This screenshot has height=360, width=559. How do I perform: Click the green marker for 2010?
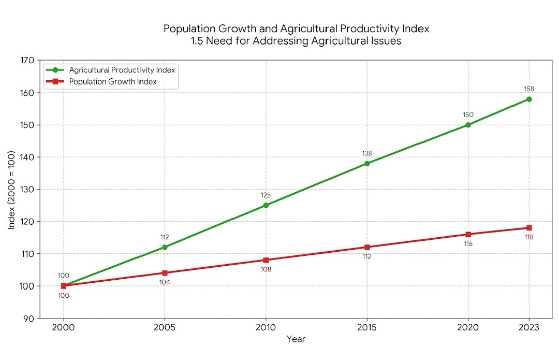tap(266, 205)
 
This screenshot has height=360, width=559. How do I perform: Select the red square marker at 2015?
tap(367, 247)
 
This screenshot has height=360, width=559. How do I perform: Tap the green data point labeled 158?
tap(529, 99)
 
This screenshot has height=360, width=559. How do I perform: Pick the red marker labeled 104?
tap(165, 273)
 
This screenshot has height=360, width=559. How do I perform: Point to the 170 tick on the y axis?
tap(28, 61)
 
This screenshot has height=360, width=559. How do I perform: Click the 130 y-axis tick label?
tap(28, 190)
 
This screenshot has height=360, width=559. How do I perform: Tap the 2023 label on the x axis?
tap(529, 327)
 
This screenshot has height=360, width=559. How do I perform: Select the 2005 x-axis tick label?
tap(165, 327)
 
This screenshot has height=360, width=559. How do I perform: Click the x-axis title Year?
tap(296, 339)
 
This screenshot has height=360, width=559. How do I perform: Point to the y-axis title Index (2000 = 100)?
tap(11, 190)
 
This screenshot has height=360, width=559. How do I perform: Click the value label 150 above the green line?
tap(468, 114)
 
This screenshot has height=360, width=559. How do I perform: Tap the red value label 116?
tap(468, 243)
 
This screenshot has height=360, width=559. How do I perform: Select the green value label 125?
tap(266, 195)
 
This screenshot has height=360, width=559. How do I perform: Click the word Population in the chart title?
tap(187, 28)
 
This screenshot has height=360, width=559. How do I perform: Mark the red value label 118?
tap(529, 237)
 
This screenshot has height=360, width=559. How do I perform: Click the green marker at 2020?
tap(468, 125)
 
